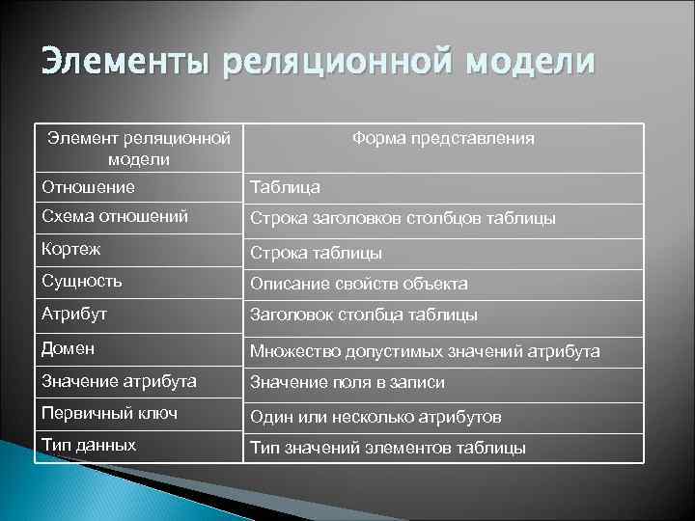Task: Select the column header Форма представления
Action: (443, 139)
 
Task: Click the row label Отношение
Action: (88, 186)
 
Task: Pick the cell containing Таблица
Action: (286, 187)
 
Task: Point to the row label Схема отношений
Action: (100, 216)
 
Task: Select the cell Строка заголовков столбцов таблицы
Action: (403, 219)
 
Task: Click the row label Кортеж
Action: (71, 249)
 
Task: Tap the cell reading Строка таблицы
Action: (317, 253)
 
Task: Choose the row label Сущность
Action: (81, 282)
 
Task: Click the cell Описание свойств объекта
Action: (359, 285)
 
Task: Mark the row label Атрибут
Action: (74, 315)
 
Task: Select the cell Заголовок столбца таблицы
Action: (364, 315)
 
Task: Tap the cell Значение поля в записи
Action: (347, 383)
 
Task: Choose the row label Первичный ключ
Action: (97, 413)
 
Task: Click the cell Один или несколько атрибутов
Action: (375, 417)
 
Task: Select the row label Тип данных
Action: (89, 446)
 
